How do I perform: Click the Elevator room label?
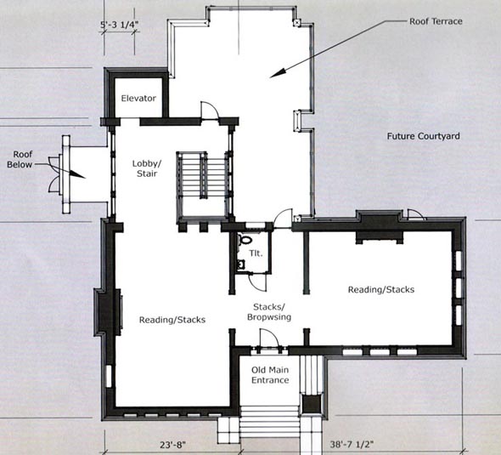point(138,99)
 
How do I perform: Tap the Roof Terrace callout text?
point(436,21)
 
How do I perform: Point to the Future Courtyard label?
point(424,136)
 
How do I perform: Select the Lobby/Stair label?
point(147,168)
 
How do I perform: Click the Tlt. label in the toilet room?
point(256,253)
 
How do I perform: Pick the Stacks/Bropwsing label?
point(269,312)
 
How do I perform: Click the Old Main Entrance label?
point(270,375)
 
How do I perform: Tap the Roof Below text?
point(20,160)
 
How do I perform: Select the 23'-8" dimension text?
point(172,445)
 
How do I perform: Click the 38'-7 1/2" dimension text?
point(352,445)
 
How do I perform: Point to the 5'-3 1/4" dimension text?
point(120,25)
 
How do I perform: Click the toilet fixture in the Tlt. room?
point(245,239)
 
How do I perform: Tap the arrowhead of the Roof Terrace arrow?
point(278,73)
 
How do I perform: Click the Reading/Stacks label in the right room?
point(381,290)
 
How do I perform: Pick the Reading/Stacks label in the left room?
point(172,320)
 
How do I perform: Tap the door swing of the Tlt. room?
point(258,282)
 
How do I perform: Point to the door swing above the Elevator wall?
point(209,110)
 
